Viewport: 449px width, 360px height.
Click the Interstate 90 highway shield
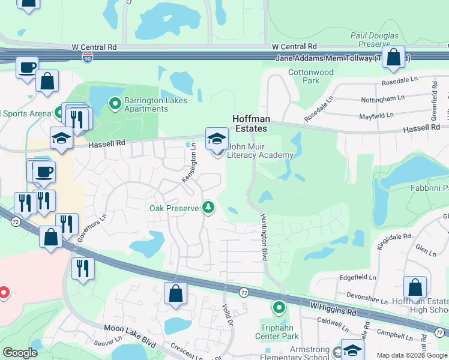click(x=87, y=57)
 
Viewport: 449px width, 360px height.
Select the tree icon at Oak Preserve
click(x=208, y=208)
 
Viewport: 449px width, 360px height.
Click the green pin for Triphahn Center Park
click(x=279, y=308)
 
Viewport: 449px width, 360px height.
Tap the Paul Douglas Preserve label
click(x=375, y=40)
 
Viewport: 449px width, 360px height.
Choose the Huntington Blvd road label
click(x=263, y=237)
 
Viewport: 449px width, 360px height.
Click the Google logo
click(x=20, y=353)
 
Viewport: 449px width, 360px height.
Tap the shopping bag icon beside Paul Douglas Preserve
click(x=393, y=58)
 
